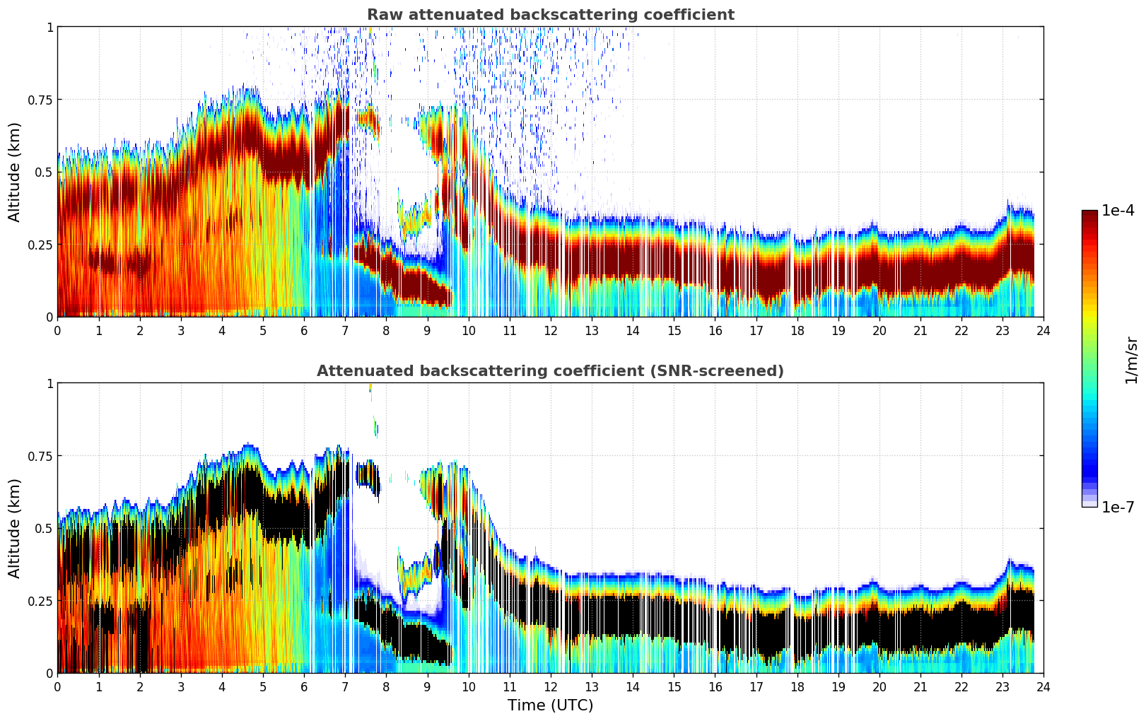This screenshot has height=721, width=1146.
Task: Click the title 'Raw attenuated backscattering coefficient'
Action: pos(550,15)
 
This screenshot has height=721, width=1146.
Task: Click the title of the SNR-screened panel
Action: pos(550,371)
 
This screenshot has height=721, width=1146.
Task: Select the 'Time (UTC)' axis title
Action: pos(550,705)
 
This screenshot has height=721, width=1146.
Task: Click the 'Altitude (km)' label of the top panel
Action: pos(14,172)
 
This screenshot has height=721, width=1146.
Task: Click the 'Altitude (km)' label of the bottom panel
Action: pos(14,528)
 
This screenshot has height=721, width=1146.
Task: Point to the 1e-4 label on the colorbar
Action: pos(1118,211)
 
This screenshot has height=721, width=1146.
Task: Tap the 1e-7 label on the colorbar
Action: pos(1118,507)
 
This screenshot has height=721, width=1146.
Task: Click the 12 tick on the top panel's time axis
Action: pos(551,330)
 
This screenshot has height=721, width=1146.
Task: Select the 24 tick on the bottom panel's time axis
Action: pos(1043,686)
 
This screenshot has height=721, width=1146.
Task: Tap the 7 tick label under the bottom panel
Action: pos(345,686)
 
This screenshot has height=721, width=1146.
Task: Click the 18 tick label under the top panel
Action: pos(797,330)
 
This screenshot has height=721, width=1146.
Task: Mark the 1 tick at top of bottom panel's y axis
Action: pos(49,383)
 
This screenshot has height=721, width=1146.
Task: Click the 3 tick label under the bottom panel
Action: pos(181,686)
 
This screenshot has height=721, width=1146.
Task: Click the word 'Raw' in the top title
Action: pos(382,15)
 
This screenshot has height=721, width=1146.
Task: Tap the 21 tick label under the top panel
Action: pos(920,330)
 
